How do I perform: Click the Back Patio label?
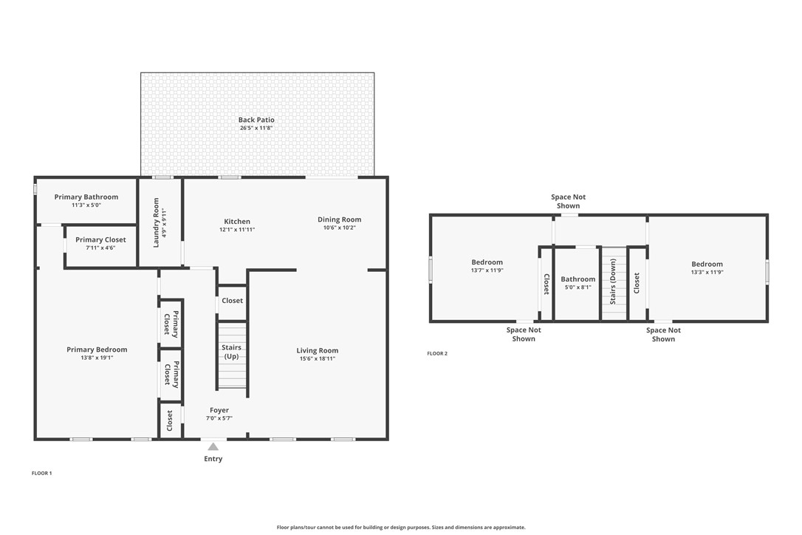(x=256, y=120)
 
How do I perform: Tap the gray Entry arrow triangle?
(x=213, y=447)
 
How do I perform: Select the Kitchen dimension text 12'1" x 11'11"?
(x=237, y=230)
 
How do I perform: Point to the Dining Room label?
(x=339, y=219)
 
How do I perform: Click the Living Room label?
(x=317, y=351)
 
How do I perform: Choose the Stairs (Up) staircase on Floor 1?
(x=232, y=355)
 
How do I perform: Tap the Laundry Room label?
(x=157, y=222)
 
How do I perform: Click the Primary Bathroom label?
(x=86, y=197)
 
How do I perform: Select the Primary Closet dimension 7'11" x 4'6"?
(x=100, y=248)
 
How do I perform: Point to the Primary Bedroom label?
(x=97, y=350)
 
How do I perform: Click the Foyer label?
(x=219, y=410)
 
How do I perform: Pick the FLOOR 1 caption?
(x=42, y=474)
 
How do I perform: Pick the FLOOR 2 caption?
(x=437, y=353)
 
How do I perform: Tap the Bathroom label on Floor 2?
(x=578, y=279)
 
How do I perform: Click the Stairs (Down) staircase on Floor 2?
(x=614, y=284)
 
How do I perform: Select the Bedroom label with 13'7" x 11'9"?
(x=487, y=262)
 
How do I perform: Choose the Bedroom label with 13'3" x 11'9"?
(x=707, y=264)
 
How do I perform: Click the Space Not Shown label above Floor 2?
(x=568, y=201)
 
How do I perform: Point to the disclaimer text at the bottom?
(x=401, y=528)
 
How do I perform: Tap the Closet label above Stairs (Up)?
(x=232, y=301)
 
